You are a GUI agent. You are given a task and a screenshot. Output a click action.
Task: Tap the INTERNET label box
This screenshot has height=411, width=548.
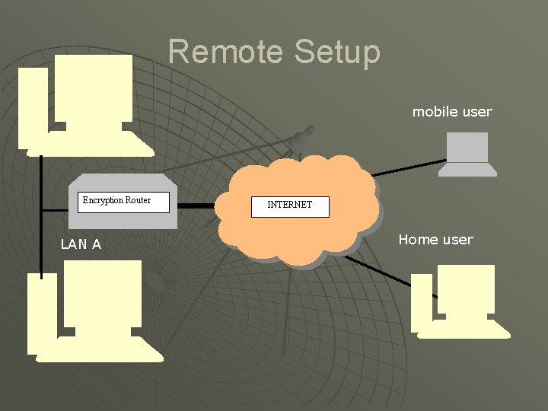(290, 205)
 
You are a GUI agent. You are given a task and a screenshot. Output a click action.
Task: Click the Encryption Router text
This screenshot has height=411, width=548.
(116, 200)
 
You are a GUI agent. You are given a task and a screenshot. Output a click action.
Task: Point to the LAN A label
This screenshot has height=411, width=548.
(81, 244)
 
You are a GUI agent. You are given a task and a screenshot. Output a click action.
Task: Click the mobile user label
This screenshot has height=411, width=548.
(452, 112)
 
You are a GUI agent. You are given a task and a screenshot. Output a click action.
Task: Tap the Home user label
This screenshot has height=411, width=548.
(435, 240)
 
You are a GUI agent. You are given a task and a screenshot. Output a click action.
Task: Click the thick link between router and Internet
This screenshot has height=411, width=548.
(196, 205)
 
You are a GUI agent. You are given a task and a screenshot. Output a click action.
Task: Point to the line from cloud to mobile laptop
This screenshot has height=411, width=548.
(407, 168)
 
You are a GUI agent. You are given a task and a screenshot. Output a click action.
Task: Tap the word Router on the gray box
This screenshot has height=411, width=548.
(138, 200)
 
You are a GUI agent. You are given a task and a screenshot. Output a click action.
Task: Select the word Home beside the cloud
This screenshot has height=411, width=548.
(418, 240)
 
